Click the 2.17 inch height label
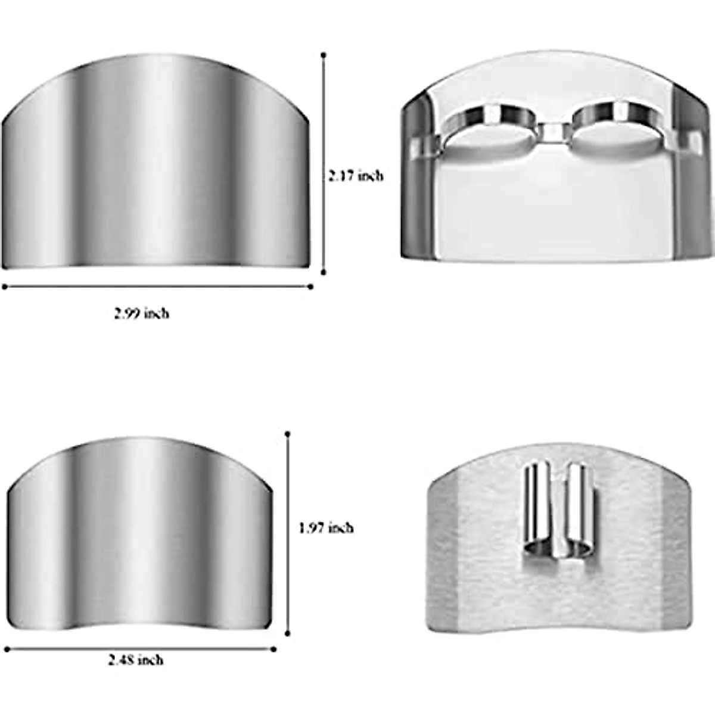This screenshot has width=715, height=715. click(x=356, y=176)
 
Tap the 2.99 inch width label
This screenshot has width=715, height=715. click(x=142, y=313)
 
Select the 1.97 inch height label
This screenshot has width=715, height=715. click(x=326, y=527)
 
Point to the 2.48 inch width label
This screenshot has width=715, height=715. click(x=136, y=660)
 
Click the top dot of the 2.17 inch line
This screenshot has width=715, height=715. click(x=324, y=55)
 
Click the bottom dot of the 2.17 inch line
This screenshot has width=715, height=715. click(x=324, y=273)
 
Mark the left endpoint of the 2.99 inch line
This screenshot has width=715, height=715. click(x=5, y=287)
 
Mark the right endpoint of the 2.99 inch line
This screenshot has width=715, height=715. click(x=310, y=287)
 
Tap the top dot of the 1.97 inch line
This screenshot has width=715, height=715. click(x=288, y=433)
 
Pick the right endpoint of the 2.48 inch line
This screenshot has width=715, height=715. click(x=275, y=649)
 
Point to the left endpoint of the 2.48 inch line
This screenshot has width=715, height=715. click(x=6, y=649)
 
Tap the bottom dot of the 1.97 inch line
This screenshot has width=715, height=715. click(x=288, y=635)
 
